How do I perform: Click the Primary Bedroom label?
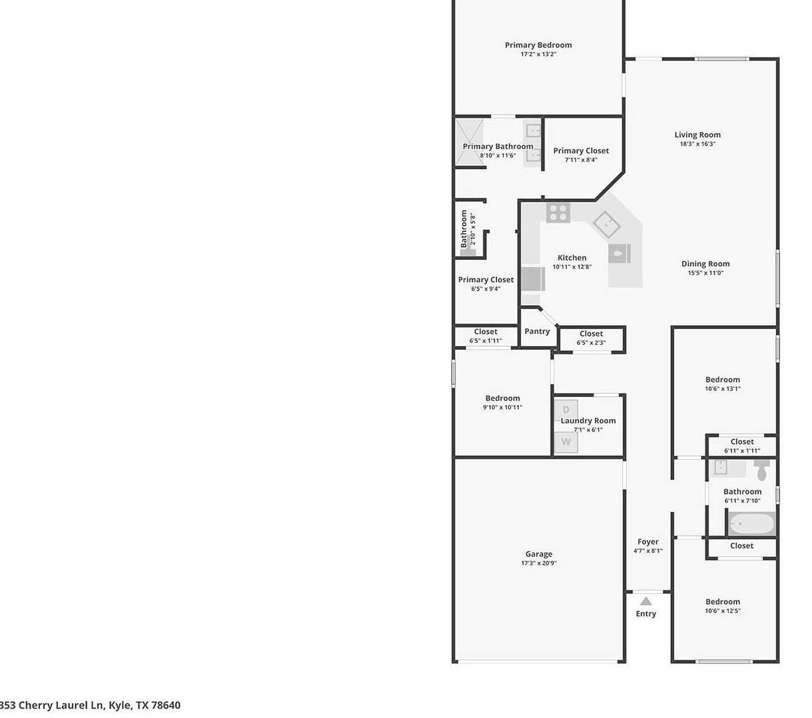[x=538, y=45]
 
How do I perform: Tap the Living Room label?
[x=697, y=135]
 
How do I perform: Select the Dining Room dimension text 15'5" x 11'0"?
[x=705, y=272]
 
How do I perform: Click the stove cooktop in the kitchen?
[x=558, y=213]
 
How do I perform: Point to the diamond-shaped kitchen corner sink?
[x=606, y=224]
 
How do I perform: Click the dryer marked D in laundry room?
[x=566, y=409]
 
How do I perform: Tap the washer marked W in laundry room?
[x=566, y=442]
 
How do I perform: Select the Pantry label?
[x=537, y=331]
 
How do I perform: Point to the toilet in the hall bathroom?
[x=761, y=469]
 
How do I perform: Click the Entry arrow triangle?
[x=646, y=601]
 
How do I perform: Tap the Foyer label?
[x=648, y=542]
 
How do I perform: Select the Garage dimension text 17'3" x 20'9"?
[x=539, y=563]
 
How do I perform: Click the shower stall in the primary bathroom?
[x=469, y=143]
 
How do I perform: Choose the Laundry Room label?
[x=588, y=421]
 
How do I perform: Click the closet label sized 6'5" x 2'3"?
[x=591, y=333]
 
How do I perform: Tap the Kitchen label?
[x=572, y=257]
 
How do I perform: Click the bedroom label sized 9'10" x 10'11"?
[x=503, y=398]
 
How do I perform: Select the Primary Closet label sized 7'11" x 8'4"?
[x=581, y=151]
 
